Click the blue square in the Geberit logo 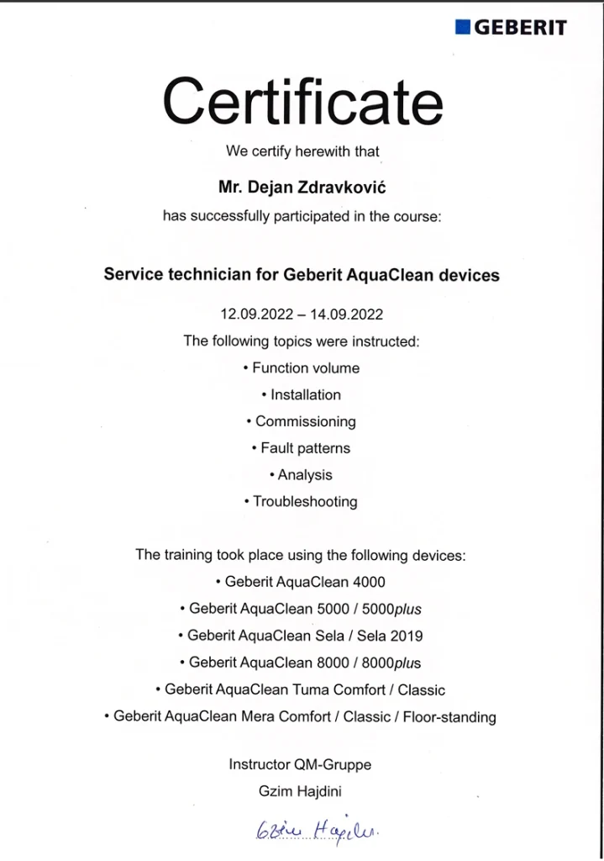463,27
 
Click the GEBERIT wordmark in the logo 521,27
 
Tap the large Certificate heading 302,100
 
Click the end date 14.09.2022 346,314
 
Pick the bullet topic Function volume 306,368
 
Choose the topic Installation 306,395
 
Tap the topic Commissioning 306,422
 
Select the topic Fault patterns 306,448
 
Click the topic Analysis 306,475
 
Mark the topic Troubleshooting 306,502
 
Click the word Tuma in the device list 309,689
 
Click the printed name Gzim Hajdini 300,791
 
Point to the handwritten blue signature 314,832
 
